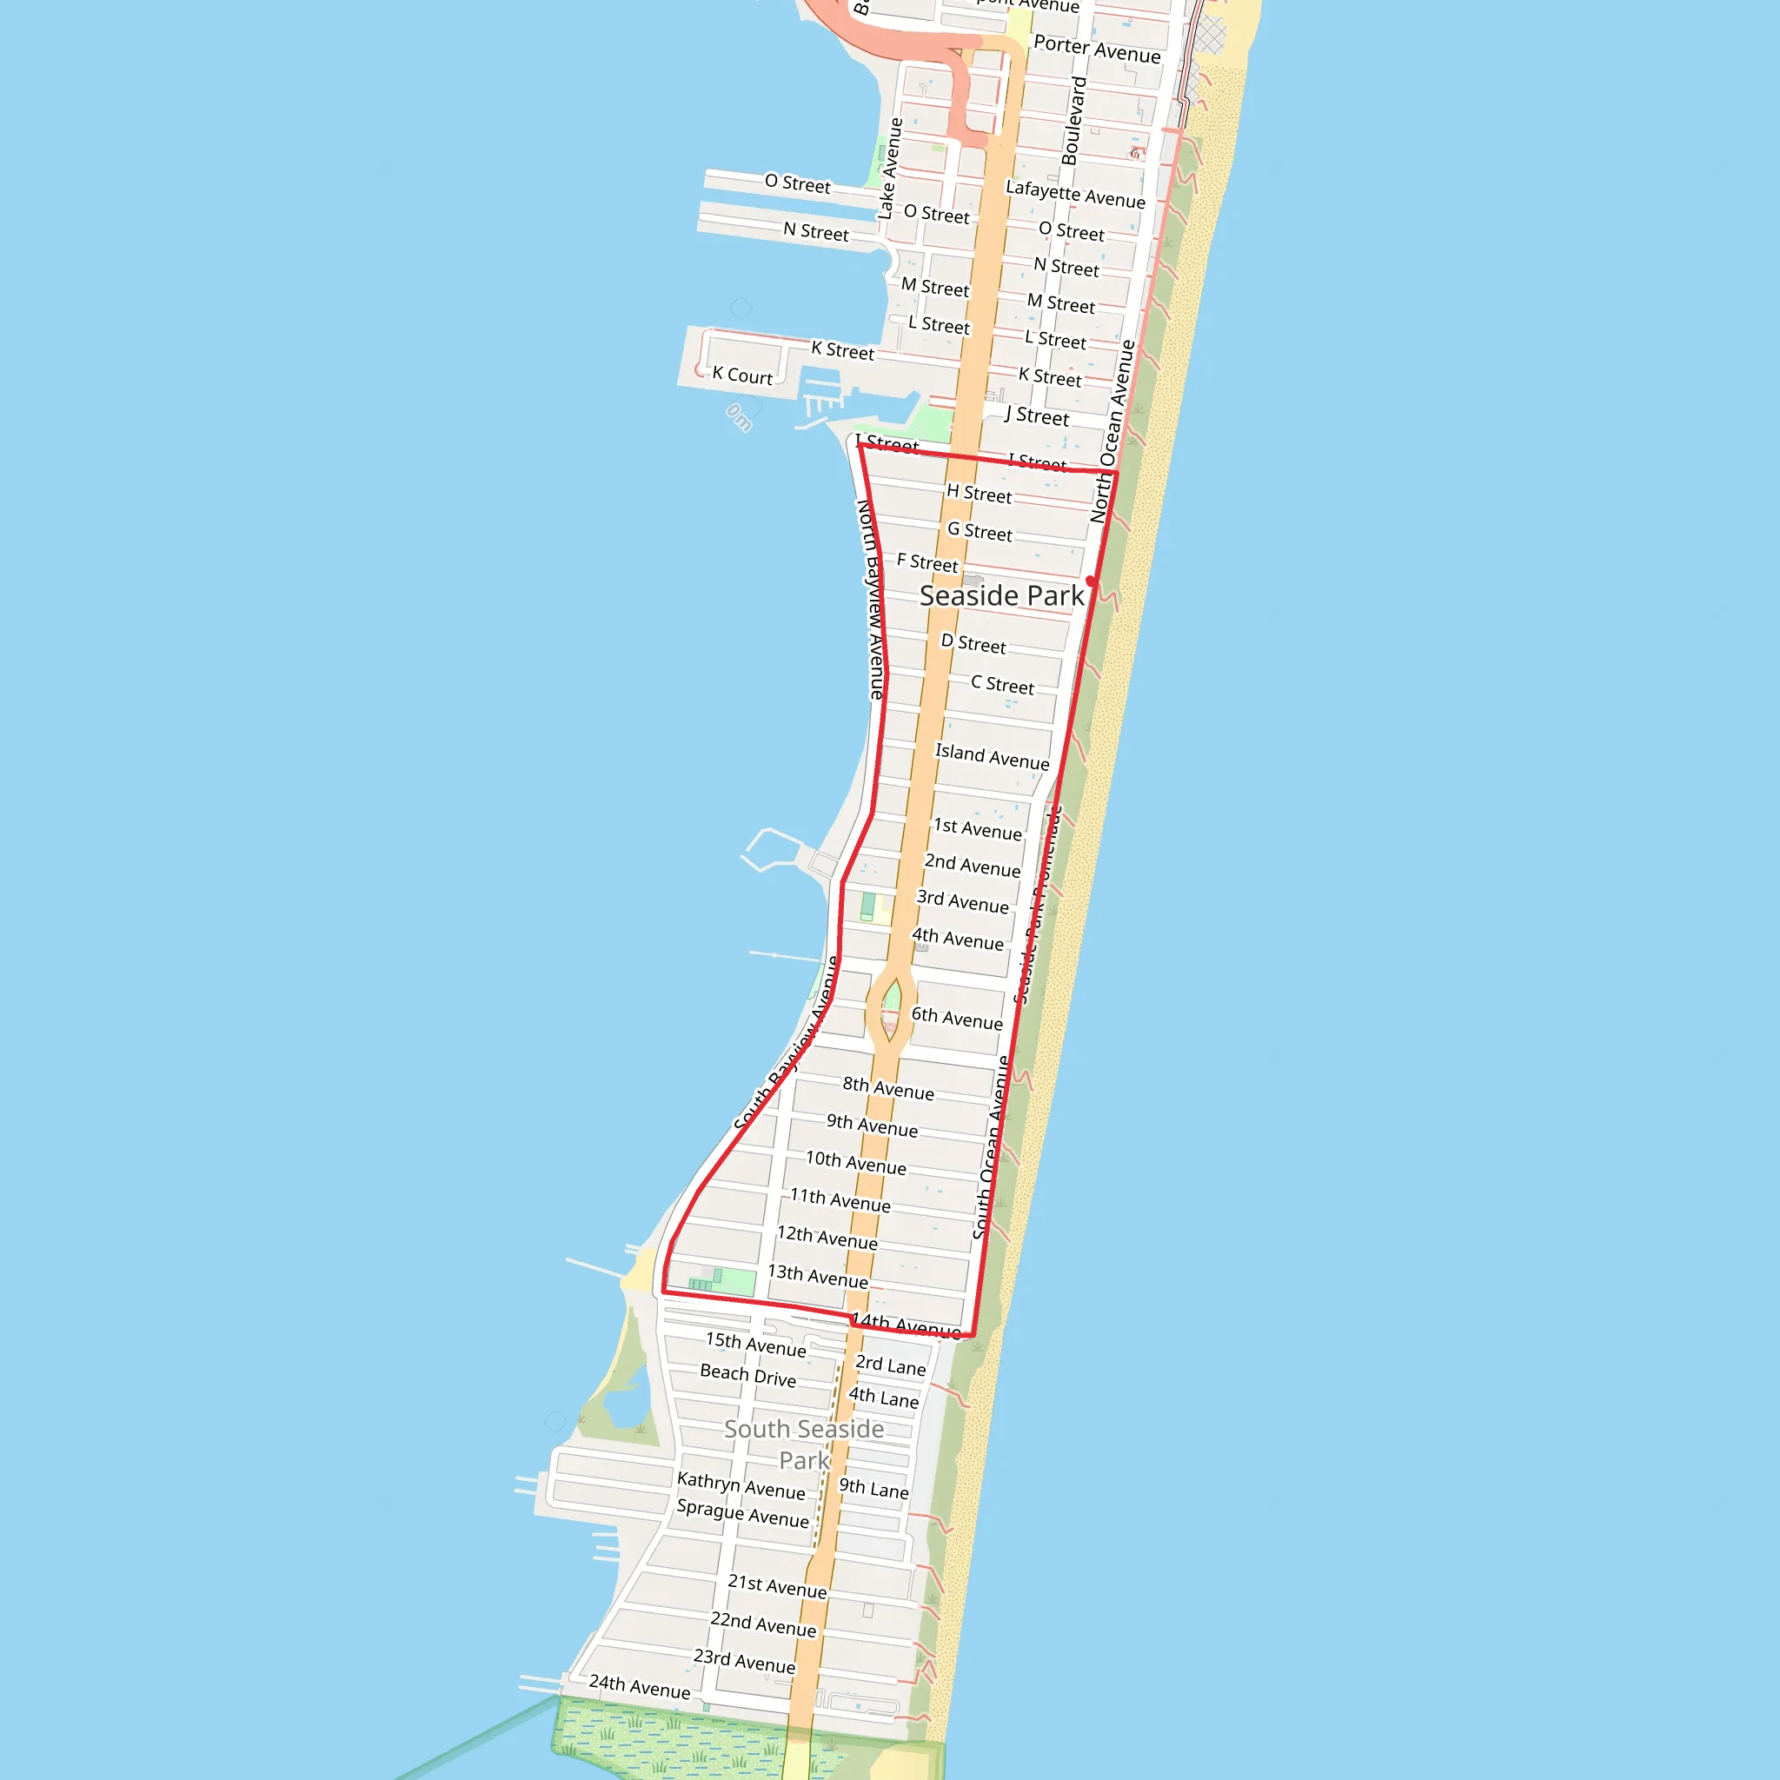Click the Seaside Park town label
coord(1001,596)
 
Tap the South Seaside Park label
coord(803,1444)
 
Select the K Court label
coord(741,375)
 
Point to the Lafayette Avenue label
coord(1075,195)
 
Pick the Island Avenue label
coord(992,756)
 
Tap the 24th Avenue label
coord(640,1686)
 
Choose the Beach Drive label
coord(747,1376)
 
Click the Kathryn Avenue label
coord(741,1485)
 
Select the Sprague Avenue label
coord(742,1513)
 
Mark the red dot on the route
coord(1091,581)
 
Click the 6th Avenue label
coord(956,1018)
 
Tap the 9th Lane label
coord(873,1488)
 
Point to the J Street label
coord(1037,416)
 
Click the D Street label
coord(973,643)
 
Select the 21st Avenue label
coord(777,1585)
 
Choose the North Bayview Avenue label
coord(871,599)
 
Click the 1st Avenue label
coord(977,829)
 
